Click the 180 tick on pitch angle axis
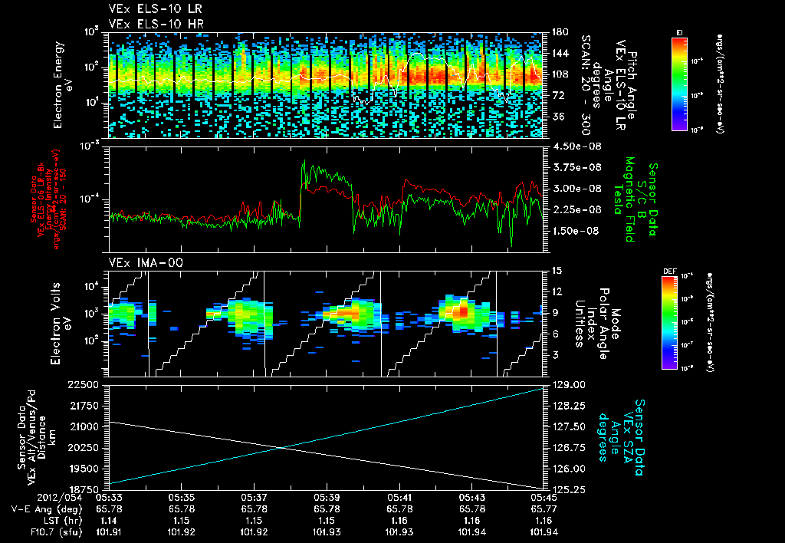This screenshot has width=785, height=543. (x=558, y=32)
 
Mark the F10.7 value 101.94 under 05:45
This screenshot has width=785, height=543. (x=544, y=531)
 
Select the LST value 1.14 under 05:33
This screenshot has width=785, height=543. (x=109, y=520)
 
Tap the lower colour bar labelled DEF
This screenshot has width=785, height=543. (x=668, y=322)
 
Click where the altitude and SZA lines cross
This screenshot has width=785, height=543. (x=281, y=448)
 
